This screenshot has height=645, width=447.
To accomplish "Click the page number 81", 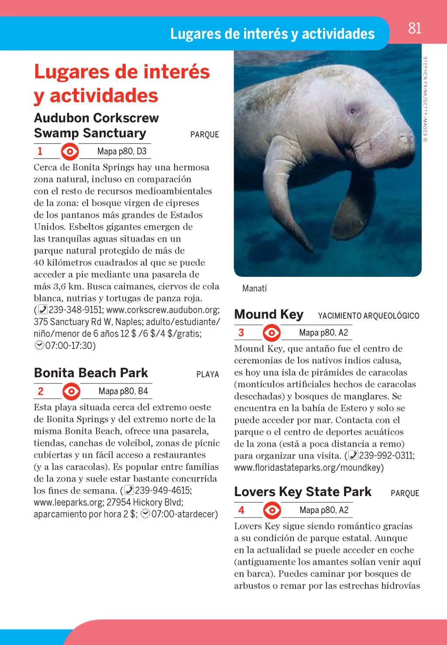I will (x=415, y=28).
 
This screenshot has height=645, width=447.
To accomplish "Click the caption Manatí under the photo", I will (x=254, y=288).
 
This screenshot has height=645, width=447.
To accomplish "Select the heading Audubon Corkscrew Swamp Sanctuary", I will (x=96, y=125).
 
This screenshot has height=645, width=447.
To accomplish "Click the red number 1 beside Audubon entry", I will (x=40, y=151).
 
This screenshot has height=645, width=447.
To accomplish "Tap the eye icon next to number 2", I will (x=71, y=391).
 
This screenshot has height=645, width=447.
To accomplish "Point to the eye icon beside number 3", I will (x=272, y=333).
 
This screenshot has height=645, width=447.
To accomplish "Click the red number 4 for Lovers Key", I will (x=241, y=510).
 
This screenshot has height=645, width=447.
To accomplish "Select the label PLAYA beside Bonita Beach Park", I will (x=207, y=374).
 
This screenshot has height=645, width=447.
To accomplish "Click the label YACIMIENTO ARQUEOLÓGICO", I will (x=368, y=316).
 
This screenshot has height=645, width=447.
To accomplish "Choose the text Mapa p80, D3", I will (x=122, y=152).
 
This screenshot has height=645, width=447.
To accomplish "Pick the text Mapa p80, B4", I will (x=123, y=391).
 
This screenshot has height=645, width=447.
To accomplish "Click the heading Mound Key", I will (x=268, y=314).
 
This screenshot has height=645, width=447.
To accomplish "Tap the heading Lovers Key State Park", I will (x=303, y=492).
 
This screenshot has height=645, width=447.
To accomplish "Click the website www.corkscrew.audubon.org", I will (x=162, y=310).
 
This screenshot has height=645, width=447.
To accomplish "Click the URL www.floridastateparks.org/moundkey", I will (x=309, y=468).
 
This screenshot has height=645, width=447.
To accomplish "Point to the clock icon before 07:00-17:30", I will (x=39, y=345).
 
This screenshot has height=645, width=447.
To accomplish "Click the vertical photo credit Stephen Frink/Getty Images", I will (x=425, y=99).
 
